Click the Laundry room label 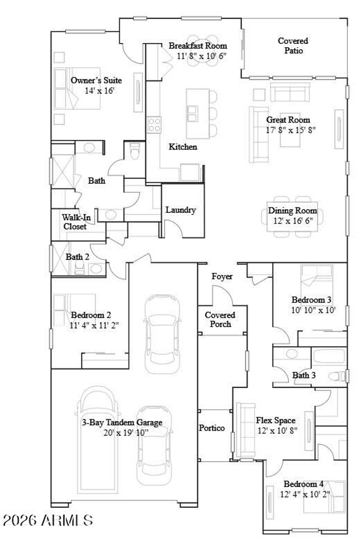click(181, 210)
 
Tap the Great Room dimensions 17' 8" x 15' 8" click(291, 130)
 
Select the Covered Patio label click(293, 46)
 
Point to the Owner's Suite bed click(77, 89)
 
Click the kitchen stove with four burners click(154, 125)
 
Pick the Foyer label click(222, 276)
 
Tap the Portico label click(212, 428)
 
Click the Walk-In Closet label click(76, 222)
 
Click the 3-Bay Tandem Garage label click(122, 423)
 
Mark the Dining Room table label click(292, 211)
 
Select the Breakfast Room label click(198, 45)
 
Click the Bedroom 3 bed click(316, 278)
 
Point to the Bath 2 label click(77, 257)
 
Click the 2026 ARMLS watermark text click(48, 520)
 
